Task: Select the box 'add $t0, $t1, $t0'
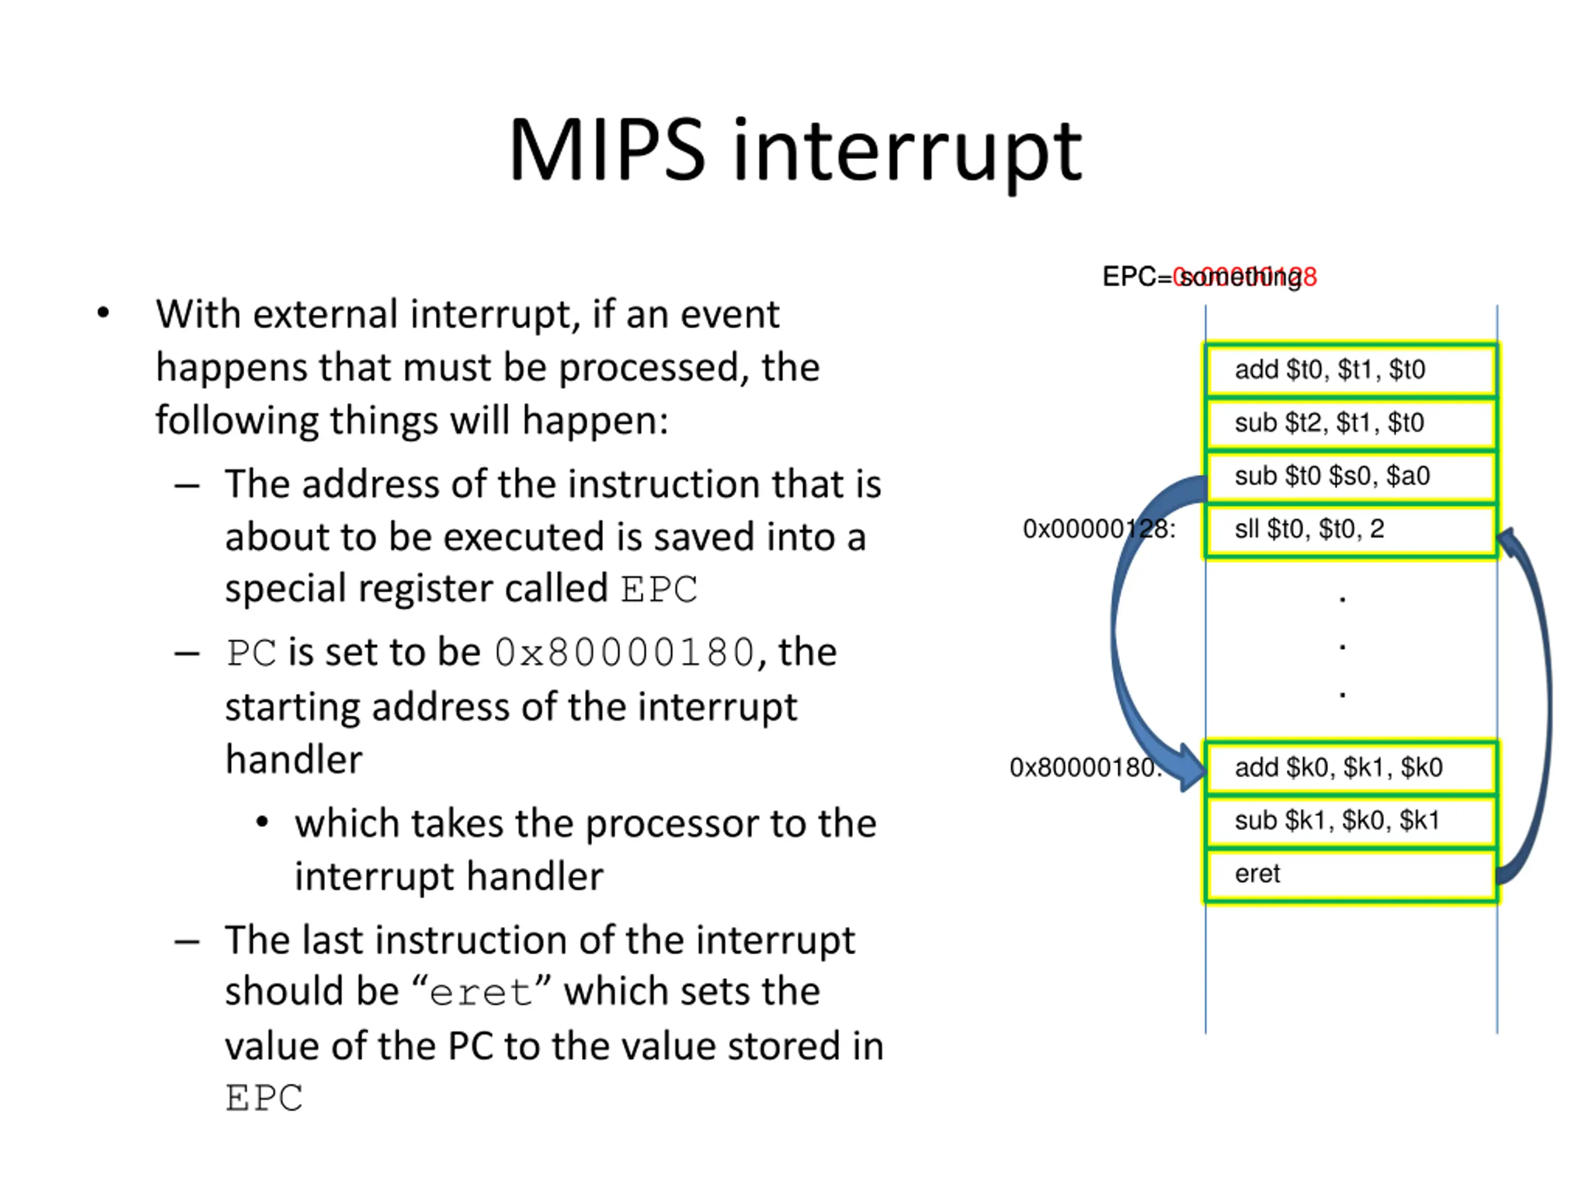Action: click(x=1351, y=370)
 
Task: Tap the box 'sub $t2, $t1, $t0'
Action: click(x=1351, y=423)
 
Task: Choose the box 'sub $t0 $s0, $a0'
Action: click(x=1351, y=476)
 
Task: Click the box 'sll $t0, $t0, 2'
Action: click(x=1351, y=529)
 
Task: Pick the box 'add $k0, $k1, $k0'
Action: click(x=1351, y=767)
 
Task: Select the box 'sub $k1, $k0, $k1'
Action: click(x=1351, y=821)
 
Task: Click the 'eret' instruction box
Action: click(x=1351, y=874)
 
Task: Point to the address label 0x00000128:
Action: click(x=1098, y=529)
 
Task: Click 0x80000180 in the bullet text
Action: click(x=624, y=653)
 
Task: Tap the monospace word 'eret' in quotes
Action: click(x=480, y=993)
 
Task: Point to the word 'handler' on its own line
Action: click(x=294, y=759)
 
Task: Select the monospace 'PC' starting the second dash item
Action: click(x=251, y=653)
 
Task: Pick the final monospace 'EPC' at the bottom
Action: click(x=264, y=1099)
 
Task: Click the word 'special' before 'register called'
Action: click(x=286, y=589)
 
